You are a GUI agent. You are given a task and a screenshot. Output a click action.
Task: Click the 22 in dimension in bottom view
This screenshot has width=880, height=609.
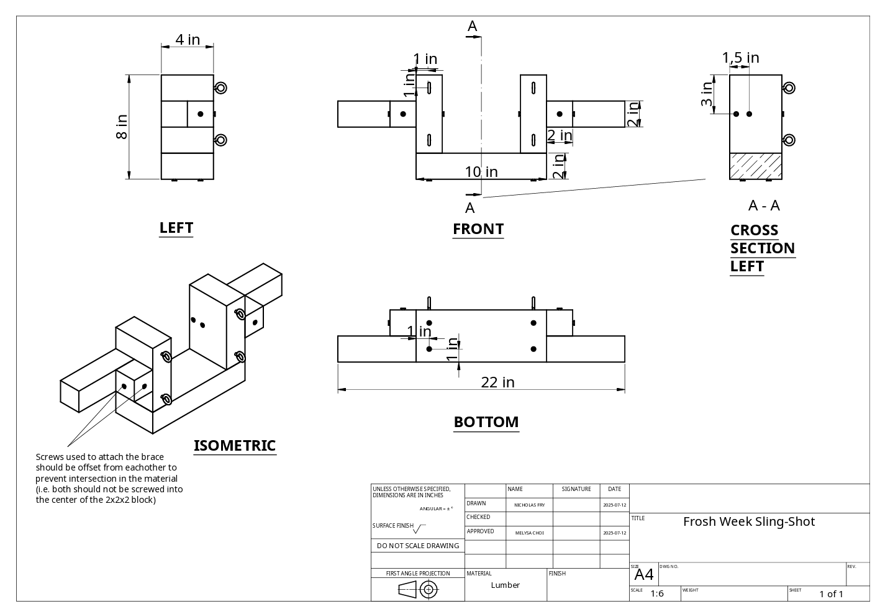497,382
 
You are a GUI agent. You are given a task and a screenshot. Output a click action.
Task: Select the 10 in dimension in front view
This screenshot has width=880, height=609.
481,171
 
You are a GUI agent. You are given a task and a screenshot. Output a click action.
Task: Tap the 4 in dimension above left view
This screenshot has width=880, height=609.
188,39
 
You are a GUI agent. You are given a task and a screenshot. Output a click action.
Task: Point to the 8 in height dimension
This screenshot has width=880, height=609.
122,127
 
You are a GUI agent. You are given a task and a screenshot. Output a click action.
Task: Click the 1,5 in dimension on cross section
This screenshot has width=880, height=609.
740,58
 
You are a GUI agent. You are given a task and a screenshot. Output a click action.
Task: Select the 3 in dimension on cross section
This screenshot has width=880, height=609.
707,94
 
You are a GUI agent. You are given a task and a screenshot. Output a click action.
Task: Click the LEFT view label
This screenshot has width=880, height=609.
176,228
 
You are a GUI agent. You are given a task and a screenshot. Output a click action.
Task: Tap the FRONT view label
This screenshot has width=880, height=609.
478,229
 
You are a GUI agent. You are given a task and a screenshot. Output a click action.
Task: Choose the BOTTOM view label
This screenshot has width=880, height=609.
486,422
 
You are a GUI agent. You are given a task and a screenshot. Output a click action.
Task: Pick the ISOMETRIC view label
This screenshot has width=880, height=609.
234,446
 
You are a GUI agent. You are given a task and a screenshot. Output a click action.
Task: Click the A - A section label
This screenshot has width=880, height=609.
764,205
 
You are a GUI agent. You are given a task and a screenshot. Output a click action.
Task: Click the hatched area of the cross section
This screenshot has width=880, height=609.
755,166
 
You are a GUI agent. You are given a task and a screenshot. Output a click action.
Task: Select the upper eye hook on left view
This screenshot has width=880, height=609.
220,88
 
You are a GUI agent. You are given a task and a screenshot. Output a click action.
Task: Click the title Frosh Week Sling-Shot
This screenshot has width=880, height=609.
748,521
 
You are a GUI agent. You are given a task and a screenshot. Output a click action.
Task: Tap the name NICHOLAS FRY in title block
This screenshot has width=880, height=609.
529,505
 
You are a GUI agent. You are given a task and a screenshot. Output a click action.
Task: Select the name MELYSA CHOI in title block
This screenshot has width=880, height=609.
529,533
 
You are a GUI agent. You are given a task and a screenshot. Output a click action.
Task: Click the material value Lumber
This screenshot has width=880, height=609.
505,585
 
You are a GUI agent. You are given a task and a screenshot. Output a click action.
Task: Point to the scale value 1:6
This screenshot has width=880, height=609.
657,593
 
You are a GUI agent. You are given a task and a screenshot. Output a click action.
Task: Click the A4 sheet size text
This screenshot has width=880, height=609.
644,575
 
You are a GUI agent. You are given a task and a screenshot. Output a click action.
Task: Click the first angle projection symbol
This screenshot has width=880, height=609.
418,590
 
